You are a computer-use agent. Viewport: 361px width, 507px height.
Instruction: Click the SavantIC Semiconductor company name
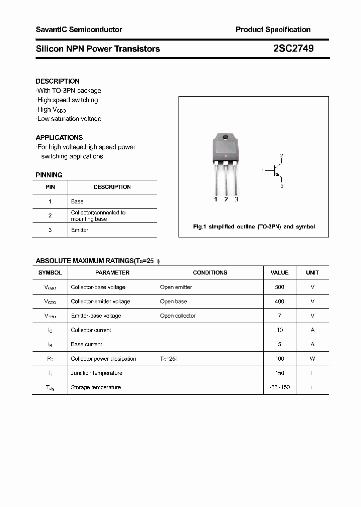click(x=79, y=30)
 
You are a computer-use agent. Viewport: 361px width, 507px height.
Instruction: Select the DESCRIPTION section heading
click(x=58, y=81)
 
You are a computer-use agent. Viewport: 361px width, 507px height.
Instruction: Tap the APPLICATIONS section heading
click(x=59, y=137)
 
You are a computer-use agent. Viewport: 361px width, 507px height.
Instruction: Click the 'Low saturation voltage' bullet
click(x=69, y=119)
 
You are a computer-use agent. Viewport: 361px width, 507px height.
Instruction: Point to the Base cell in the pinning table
click(x=77, y=201)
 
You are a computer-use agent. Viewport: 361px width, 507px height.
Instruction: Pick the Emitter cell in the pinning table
click(x=80, y=230)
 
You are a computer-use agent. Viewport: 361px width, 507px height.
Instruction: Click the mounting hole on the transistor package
click(x=226, y=138)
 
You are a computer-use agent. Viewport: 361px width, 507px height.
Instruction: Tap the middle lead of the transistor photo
click(x=226, y=180)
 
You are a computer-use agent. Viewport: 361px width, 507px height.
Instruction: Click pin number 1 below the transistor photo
click(x=216, y=199)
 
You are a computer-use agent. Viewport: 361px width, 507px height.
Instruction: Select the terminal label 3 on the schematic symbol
click(x=282, y=186)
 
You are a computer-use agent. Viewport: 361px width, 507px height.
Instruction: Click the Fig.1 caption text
click(x=254, y=226)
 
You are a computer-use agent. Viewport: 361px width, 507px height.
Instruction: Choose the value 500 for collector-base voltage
click(x=279, y=287)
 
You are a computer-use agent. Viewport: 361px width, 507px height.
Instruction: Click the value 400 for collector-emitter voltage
click(x=279, y=302)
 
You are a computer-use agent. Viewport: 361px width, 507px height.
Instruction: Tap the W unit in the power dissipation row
click(x=312, y=359)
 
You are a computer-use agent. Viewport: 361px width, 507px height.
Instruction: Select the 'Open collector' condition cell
click(x=177, y=316)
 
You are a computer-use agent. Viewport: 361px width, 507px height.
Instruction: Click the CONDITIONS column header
click(x=210, y=273)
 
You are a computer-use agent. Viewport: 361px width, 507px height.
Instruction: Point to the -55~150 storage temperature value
click(x=279, y=387)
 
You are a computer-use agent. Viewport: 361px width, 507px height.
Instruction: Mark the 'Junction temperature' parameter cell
click(x=96, y=373)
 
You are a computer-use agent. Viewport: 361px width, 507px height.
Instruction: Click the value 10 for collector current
click(x=279, y=330)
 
